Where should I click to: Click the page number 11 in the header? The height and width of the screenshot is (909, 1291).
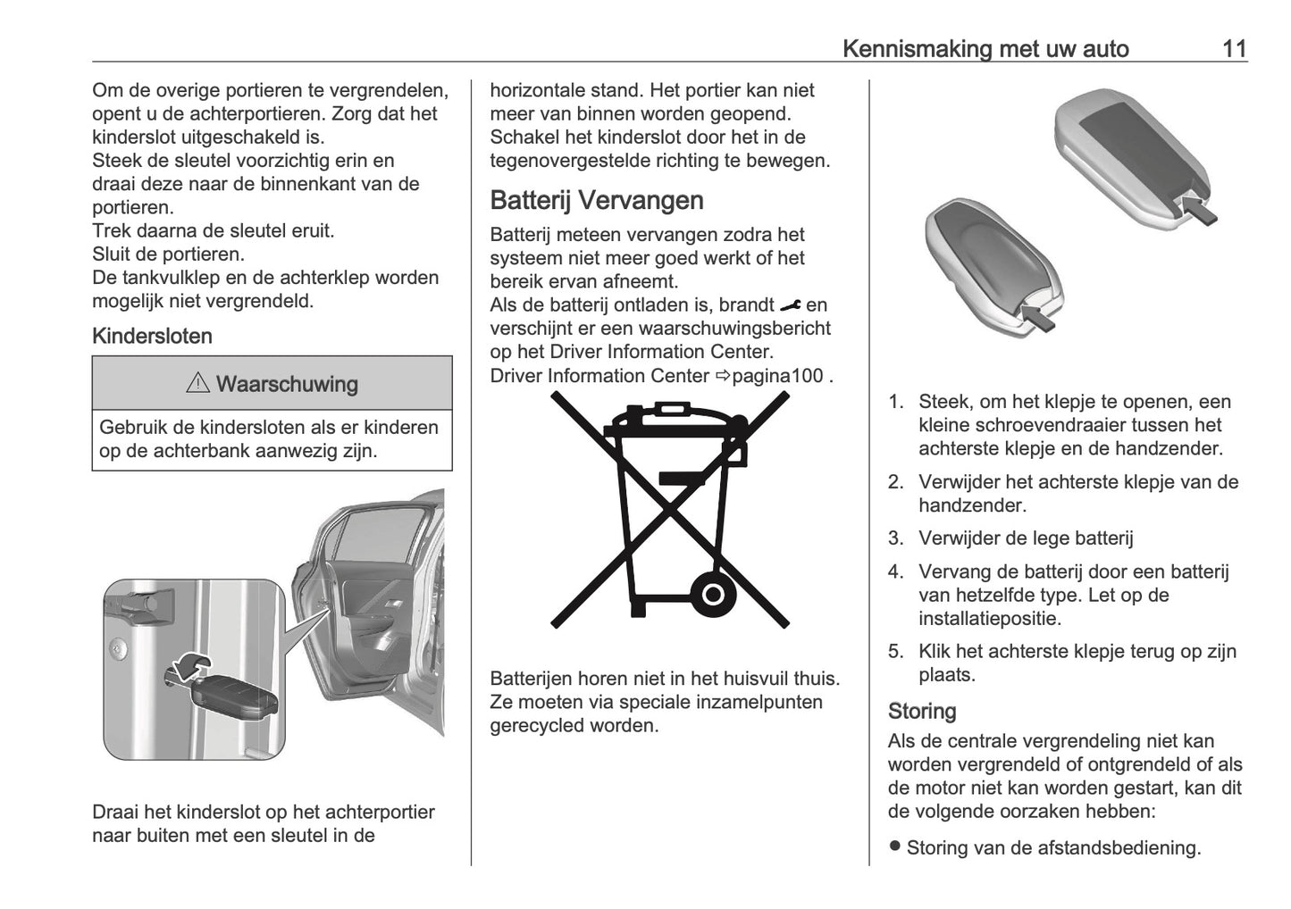[x=1234, y=48]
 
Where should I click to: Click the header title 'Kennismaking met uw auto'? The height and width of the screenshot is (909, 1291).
[x=985, y=48]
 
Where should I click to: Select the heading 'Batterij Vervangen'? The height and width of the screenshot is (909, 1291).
[x=597, y=200]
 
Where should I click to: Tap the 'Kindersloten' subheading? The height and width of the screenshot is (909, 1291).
[x=153, y=337]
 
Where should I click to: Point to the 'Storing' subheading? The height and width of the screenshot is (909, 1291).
[x=922, y=711]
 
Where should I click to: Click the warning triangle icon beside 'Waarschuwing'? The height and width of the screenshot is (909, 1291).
[x=198, y=385]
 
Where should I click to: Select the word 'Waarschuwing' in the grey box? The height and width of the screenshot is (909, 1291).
[x=287, y=385]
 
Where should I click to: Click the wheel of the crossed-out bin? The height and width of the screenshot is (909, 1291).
[x=712, y=592]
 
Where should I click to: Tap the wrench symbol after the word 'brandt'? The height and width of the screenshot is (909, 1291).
[x=790, y=305]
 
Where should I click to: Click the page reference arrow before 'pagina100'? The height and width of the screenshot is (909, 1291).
[x=722, y=376]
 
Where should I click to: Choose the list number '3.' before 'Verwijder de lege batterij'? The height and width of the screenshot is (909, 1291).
[x=896, y=538]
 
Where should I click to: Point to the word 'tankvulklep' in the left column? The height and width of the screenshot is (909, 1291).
[x=172, y=278]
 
